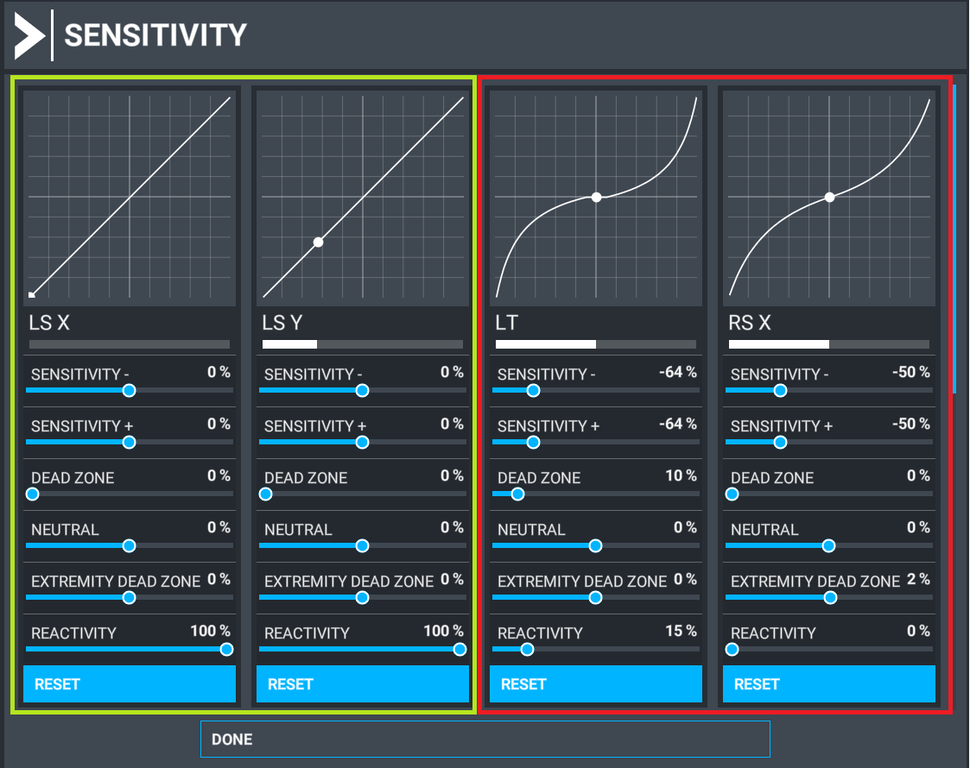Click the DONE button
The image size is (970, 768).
click(485, 740)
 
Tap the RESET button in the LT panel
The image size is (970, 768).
click(596, 684)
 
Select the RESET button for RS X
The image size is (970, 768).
click(829, 684)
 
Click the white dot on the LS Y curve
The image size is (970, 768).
click(318, 242)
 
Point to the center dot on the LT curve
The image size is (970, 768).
click(596, 198)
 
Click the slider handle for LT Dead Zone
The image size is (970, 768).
click(517, 494)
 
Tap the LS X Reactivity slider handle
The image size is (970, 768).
click(226, 650)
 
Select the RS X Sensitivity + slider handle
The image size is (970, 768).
click(780, 443)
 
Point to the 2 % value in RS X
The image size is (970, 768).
click(918, 580)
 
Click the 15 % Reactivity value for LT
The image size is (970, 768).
click(681, 632)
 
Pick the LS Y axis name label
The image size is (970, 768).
click(282, 323)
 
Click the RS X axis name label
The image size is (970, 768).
click(750, 323)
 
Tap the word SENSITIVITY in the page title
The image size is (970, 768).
click(155, 35)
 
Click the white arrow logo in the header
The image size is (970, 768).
click(29, 35)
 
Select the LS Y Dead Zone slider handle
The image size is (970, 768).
click(266, 494)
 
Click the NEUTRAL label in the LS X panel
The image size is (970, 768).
click(65, 530)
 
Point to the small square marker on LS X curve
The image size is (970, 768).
click(32, 295)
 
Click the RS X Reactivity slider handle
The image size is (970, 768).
click(732, 650)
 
